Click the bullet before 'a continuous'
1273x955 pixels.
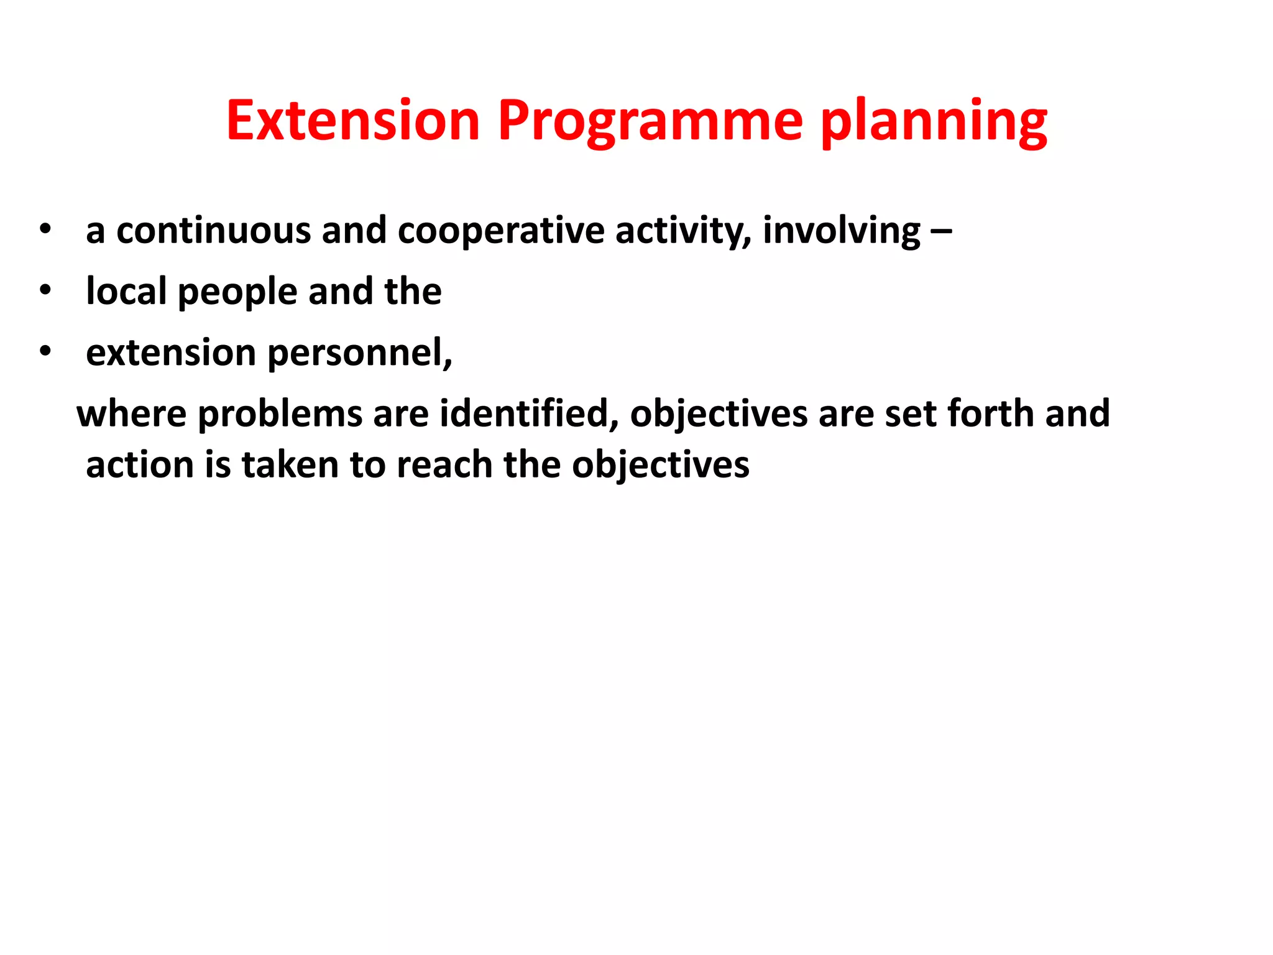click(45, 229)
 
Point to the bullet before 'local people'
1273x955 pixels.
click(45, 290)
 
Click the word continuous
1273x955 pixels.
click(213, 230)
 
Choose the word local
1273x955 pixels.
click(126, 291)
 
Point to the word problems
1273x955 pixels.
click(280, 414)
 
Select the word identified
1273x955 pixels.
click(529, 413)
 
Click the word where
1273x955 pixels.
click(131, 413)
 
